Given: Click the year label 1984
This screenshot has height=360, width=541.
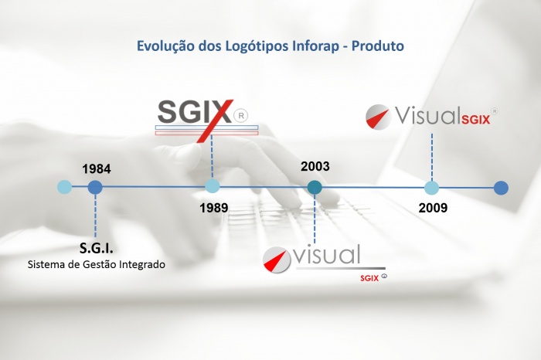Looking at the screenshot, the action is [x=97, y=169].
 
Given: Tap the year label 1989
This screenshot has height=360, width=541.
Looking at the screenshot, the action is [x=213, y=208].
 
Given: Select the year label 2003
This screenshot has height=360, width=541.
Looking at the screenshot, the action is [x=315, y=166].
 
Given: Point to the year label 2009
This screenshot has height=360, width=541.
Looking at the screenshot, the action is [x=433, y=208].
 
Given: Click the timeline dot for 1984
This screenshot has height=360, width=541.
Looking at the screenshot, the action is [x=95, y=188].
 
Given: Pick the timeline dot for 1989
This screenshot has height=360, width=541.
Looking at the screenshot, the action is [x=213, y=186].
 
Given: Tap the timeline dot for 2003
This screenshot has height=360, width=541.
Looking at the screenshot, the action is [x=315, y=188].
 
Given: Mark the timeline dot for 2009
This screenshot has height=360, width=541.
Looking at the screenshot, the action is [x=431, y=188].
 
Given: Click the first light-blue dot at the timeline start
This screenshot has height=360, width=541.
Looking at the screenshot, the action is [x=64, y=187].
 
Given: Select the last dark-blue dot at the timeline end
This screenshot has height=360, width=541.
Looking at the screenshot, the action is [x=501, y=188].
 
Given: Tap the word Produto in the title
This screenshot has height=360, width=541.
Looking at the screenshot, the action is [x=378, y=46].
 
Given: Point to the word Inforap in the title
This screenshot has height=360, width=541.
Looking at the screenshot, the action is [x=315, y=46].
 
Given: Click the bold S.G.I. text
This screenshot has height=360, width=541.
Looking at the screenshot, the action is [x=97, y=248].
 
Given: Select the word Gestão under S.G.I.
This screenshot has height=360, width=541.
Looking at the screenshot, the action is [x=100, y=264].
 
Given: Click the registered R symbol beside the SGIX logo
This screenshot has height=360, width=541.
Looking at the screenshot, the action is [x=241, y=116].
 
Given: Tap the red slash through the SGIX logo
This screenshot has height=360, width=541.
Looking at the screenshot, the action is [x=215, y=121].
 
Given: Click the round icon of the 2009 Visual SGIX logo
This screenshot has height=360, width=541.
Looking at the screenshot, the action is [x=378, y=117].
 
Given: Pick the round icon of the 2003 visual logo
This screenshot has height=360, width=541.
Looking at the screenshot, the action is [x=277, y=260].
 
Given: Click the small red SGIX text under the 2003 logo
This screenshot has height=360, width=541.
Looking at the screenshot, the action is [x=369, y=278].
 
